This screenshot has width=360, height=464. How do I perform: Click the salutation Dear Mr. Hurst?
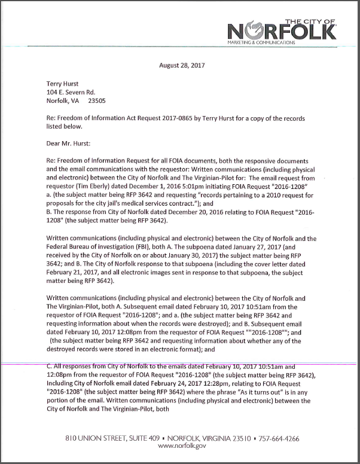tap(71, 144)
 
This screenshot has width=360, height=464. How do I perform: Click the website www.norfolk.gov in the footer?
tap(181, 446)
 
